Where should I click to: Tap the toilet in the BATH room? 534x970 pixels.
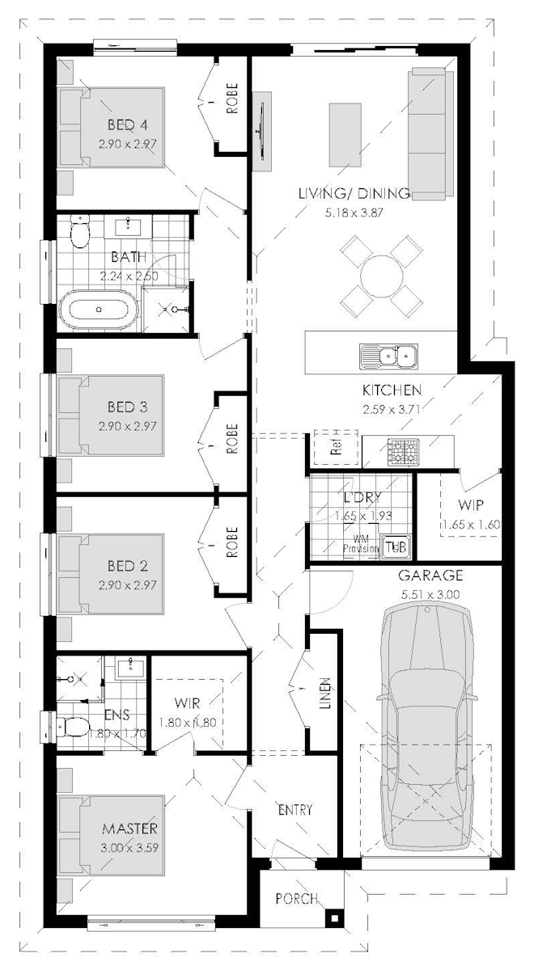[x=79, y=233]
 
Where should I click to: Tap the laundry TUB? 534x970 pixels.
[x=396, y=546]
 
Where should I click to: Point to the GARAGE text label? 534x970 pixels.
[x=430, y=576]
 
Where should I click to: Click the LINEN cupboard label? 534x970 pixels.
[x=324, y=693]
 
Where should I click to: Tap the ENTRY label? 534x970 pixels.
[x=295, y=809]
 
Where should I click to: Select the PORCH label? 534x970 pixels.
[x=296, y=898]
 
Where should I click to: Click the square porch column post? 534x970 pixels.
[x=332, y=917]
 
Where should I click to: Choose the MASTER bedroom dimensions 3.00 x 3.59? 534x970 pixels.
[x=129, y=846]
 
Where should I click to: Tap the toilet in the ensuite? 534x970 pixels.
[x=73, y=727]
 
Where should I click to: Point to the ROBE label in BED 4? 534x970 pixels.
[x=232, y=105]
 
